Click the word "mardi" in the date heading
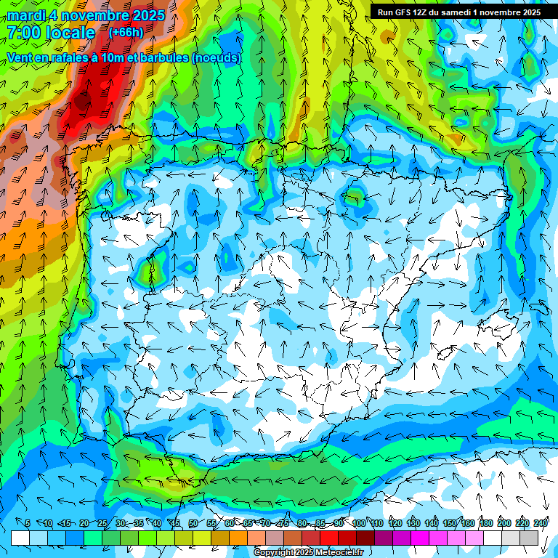pyautogui.click(x=25, y=15)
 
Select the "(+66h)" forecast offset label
pyautogui.click(x=126, y=33)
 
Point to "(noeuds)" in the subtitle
pyautogui.click(x=217, y=57)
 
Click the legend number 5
pyautogui.click(x=27, y=523)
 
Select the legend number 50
pyautogui.click(x=193, y=523)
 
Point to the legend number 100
pyautogui.click(x=359, y=523)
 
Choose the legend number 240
pyautogui.click(x=541, y=523)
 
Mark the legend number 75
pyautogui.click(x=283, y=523)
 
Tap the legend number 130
pyautogui.click(x=413, y=523)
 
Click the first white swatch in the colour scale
pyautogui.click(x=20, y=538)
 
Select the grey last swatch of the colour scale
pyautogui.click(x=529, y=538)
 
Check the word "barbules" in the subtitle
pyautogui.click(x=164, y=57)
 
